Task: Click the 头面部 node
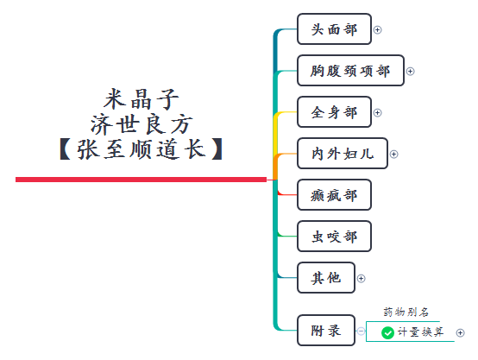point(333,29)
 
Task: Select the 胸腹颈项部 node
point(349,71)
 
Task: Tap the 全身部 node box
point(333,112)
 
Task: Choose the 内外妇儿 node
point(342,154)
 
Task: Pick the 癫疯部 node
point(333,195)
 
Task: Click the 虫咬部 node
point(333,237)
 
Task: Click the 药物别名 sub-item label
point(406,313)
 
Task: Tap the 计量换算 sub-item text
point(422,332)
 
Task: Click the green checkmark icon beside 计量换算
point(387,332)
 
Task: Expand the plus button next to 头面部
point(378,30)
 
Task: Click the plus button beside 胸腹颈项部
point(411,72)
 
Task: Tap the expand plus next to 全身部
point(378,113)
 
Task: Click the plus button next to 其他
point(362,279)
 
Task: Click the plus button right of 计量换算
point(460,332)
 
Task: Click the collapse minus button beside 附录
point(360,330)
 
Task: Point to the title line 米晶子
point(142,97)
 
